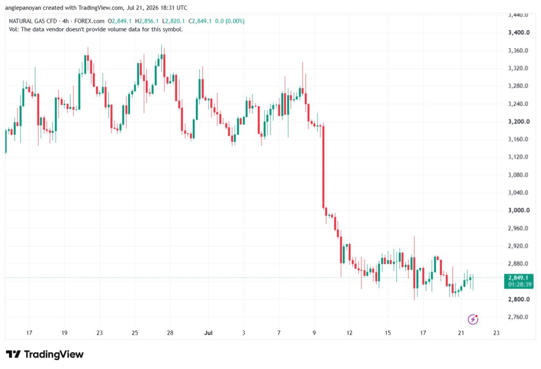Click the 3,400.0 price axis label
(x=519, y=32)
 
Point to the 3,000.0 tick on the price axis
(x=519, y=210)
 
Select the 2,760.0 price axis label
(x=518, y=317)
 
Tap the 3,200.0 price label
(x=519, y=122)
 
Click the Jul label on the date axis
(x=208, y=333)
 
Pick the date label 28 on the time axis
(x=170, y=333)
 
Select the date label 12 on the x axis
(x=350, y=333)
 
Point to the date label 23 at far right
(x=496, y=333)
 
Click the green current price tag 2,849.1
(x=519, y=281)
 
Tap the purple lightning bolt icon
(x=473, y=319)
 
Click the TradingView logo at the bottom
(x=45, y=354)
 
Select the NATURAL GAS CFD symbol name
(x=33, y=21)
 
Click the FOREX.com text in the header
(x=89, y=21)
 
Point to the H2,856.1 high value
(x=147, y=21)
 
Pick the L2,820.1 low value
(x=173, y=21)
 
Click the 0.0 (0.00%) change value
(x=230, y=21)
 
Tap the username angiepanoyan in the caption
(x=23, y=7)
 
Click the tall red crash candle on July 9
(x=323, y=167)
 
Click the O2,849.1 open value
(x=119, y=21)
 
